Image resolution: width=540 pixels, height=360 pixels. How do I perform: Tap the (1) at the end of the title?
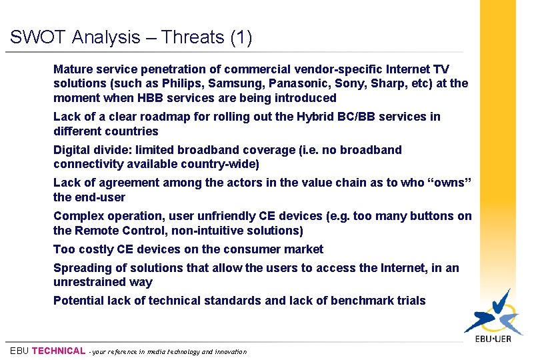coord(241,37)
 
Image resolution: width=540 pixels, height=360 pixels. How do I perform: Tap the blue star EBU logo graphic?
coord(493,312)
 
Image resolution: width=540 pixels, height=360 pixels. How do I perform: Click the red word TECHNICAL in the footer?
coord(59,351)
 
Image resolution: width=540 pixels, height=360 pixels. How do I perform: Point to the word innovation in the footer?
coord(231,351)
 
